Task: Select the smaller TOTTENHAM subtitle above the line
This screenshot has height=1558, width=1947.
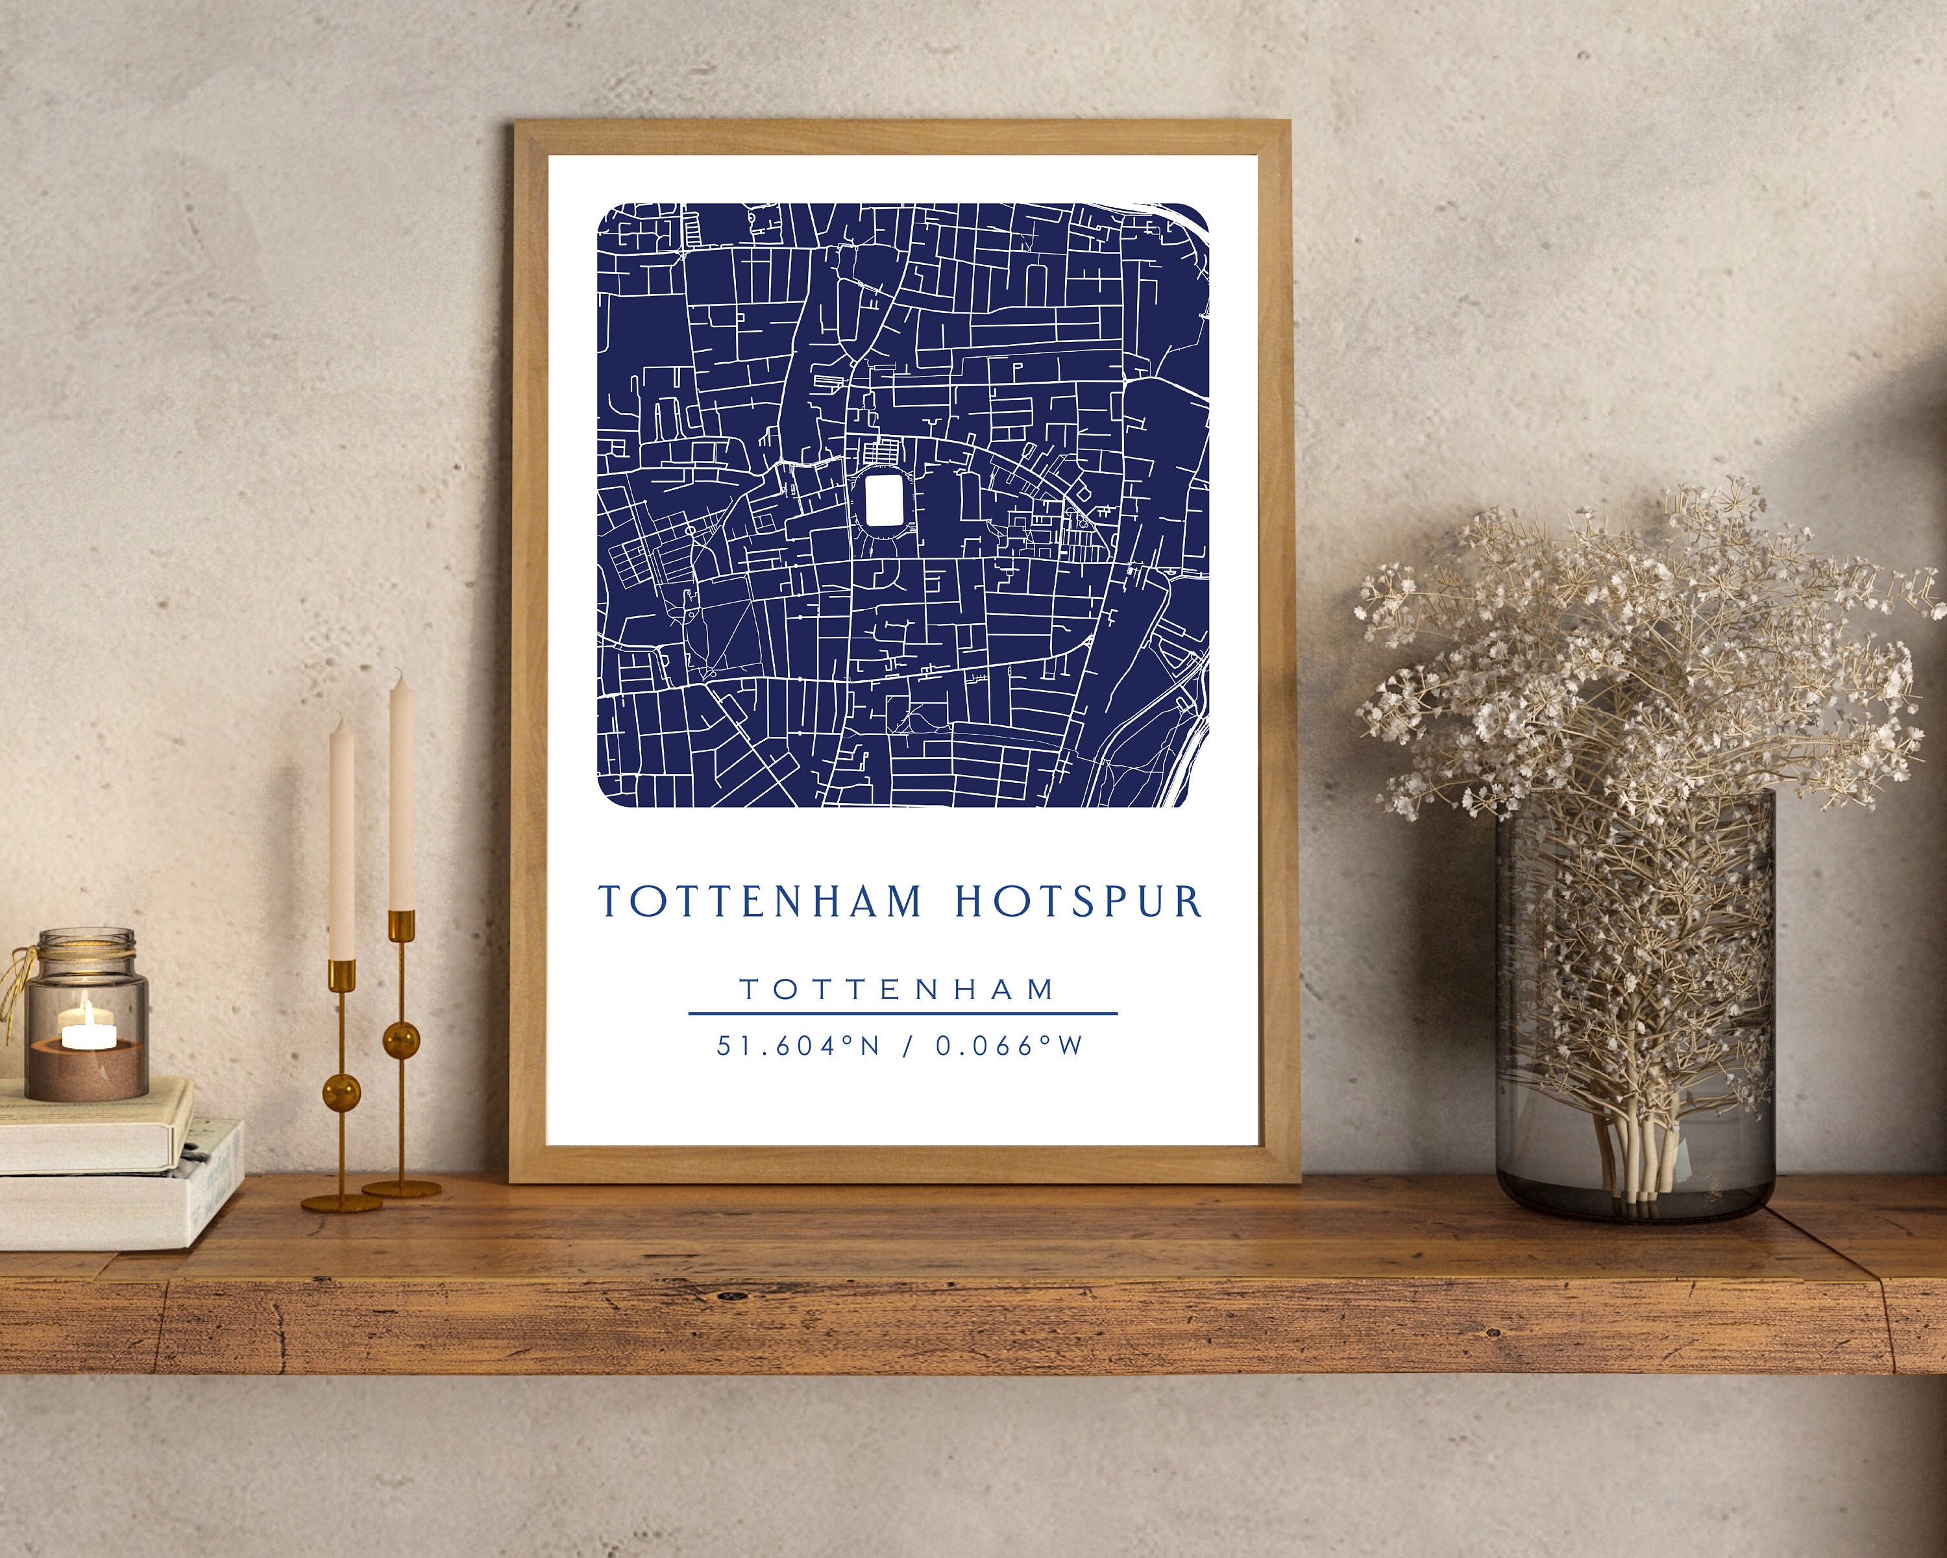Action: (x=898, y=990)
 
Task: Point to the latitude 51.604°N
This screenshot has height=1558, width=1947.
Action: (x=798, y=1046)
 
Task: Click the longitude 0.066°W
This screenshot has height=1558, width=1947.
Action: (x=1009, y=1046)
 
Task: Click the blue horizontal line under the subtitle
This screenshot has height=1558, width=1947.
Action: (x=902, y=1013)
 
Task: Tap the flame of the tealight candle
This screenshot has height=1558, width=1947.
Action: (x=87, y=1008)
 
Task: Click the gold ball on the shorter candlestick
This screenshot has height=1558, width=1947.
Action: (x=342, y=1092)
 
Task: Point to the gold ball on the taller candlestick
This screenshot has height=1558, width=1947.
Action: (x=401, y=1039)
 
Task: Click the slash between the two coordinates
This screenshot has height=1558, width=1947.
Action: (x=907, y=1046)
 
